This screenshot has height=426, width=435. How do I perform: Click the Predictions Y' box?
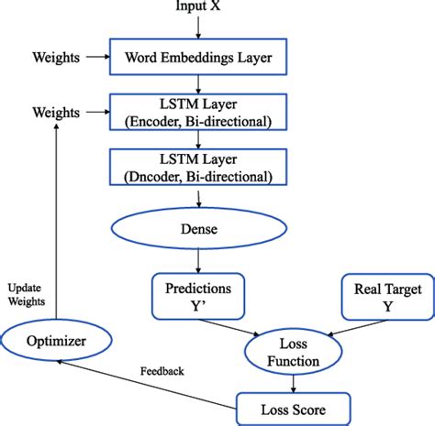click(x=199, y=296)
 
